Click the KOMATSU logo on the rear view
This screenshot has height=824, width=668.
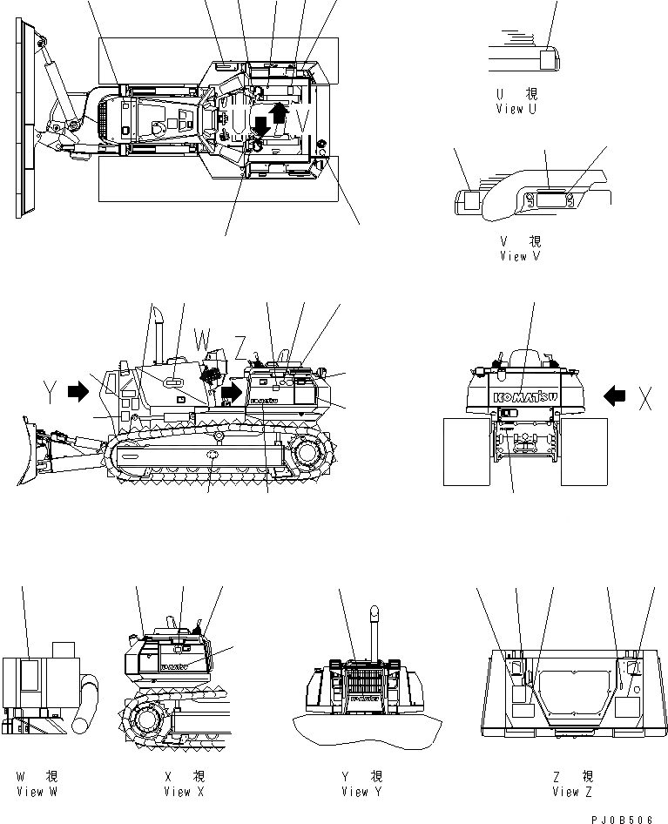click(526, 397)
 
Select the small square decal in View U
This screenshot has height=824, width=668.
click(549, 59)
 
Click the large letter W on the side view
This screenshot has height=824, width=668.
click(201, 336)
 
